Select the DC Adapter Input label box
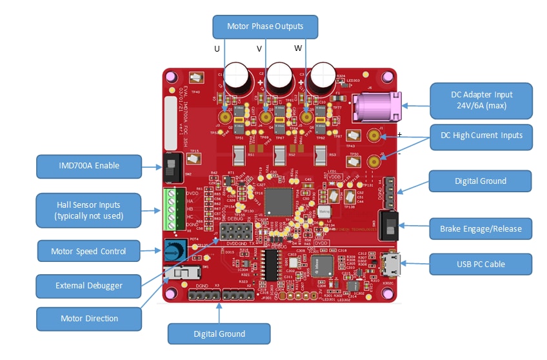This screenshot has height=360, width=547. (x=482, y=99)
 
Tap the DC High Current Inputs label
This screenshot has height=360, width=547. (x=482, y=135)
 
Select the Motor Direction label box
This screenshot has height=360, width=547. (x=89, y=318)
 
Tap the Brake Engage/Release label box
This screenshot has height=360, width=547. (x=481, y=228)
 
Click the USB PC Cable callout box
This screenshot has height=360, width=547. (x=481, y=264)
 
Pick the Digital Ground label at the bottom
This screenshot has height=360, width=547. (x=219, y=334)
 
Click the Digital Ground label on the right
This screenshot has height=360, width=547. (x=481, y=181)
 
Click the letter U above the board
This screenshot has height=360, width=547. (x=217, y=49)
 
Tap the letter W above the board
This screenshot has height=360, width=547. (x=298, y=49)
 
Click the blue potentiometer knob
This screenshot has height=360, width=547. (x=172, y=250)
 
